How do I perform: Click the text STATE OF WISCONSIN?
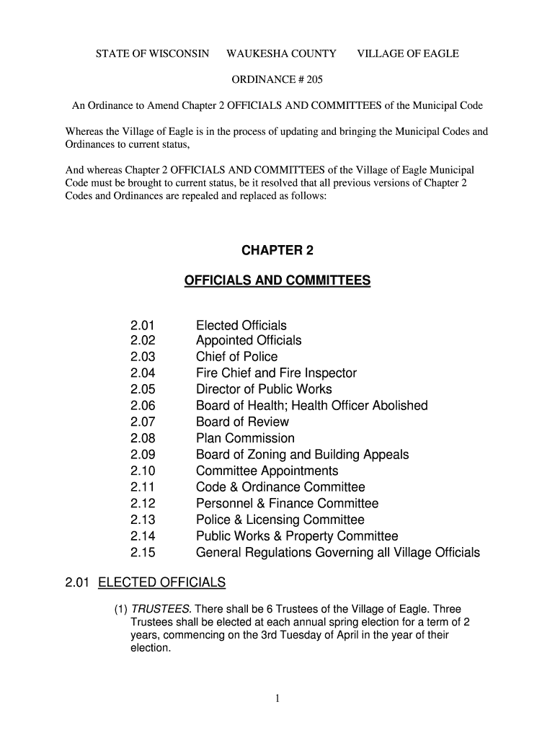[153, 54]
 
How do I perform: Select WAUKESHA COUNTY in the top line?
[281, 54]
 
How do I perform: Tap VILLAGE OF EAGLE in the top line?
[408, 54]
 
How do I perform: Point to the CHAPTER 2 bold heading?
[277, 251]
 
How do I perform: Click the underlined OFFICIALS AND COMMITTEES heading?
[277, 280]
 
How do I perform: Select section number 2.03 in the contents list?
[143, 357]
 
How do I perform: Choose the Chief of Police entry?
[236, 357]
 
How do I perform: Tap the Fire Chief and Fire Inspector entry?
[276, 373]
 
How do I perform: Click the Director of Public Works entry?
[264, 389]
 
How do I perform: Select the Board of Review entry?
[242, 422]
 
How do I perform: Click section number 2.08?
[143, 438]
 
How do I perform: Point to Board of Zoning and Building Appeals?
[302, 455]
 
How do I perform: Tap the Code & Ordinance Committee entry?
[280, 487]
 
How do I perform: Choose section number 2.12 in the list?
[143, 504]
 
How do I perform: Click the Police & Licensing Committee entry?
[280, 520]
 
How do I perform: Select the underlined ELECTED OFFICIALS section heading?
[161, 582]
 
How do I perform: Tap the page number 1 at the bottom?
[277, 698]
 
